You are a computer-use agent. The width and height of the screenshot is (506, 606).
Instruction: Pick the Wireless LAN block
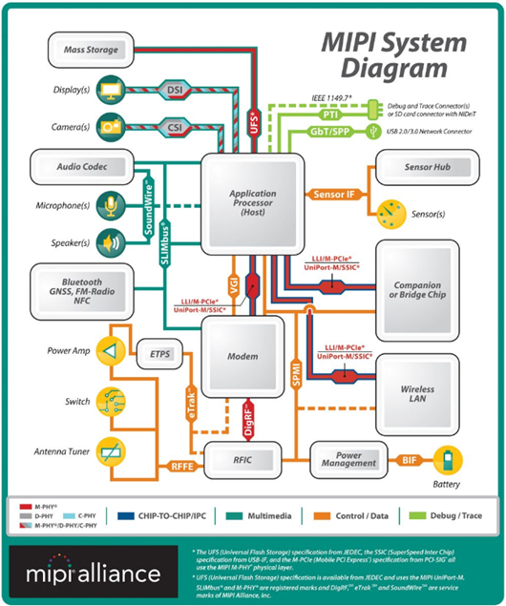[423, 388]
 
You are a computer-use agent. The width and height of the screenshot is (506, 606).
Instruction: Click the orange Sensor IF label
[334, 195]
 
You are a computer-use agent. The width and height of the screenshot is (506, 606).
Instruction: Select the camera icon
[113, 125]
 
